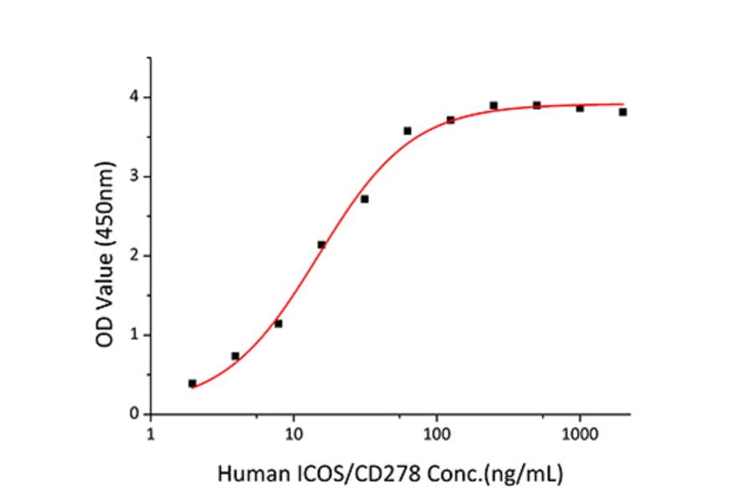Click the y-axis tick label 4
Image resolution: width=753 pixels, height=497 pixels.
pyautogui.click(x=134, y=98)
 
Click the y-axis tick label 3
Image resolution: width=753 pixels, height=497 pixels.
pyautogui.click(x=134, y=177)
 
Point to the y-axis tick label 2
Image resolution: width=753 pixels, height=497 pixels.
pyautogui.click(x=134, y=256)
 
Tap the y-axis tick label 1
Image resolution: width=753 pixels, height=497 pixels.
pyautogui.click(x=134, y=335)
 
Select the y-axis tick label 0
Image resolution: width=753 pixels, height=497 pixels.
pyautogui.click(x=134, y=414)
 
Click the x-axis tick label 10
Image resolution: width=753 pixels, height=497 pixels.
pyautogui.click(x=293, y=434)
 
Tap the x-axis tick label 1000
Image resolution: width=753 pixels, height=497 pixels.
pyautogui.click(x=579, y=434)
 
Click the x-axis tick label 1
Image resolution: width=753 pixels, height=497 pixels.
pyautogui.click(x=150, y=434)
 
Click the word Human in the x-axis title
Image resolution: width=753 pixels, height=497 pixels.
pyautogui.click(x=245, y=474)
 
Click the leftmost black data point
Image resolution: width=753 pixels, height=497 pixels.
pyautogui.click(x=192, y=383)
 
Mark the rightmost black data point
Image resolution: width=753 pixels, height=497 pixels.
pyautogui.click(x=622, y=112)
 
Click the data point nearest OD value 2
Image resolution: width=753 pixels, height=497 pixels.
pyautogui.click(x=321, y=244)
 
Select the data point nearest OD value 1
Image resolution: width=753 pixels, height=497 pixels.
pyautogui.click(x=278, y=324)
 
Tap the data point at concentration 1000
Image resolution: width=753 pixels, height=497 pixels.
pyautogui.click(x=580, y=108)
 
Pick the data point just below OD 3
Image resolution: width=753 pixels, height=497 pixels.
pyautogui.click(x=364, y=199)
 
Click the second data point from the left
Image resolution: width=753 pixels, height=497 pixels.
pyautogui.click(x=235, y=356)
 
